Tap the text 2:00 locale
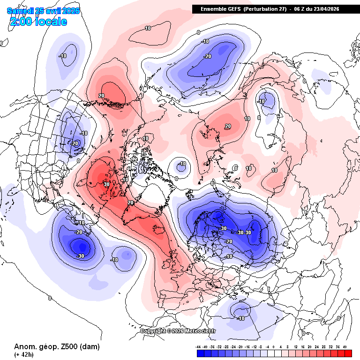click(38, 22)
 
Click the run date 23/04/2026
click(323, 9)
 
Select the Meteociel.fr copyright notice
click(178, 331)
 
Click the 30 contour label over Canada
click(106, 184)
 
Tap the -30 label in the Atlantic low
click(80, 256)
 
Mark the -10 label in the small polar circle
click(182, 164)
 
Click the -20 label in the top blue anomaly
click(207, 56)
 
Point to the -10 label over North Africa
click(241, 318)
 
